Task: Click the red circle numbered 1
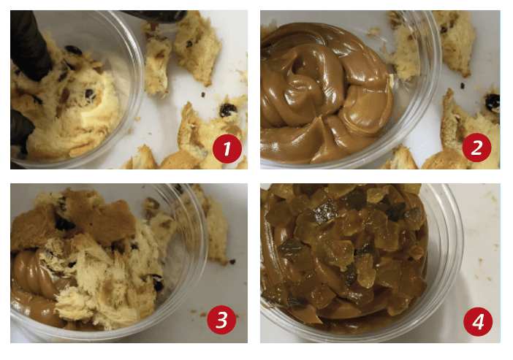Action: click(227, 148)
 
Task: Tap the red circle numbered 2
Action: click(476, 148)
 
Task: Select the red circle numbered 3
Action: click(221, 320)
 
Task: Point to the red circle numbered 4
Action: click(478, 321)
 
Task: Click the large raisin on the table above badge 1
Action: click(228, 110)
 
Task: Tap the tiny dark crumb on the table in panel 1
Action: click(203, 94)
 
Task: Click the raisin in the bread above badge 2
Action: click(492, 102)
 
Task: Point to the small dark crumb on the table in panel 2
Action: click(463, 85)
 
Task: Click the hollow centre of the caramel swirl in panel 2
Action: click(300, 67)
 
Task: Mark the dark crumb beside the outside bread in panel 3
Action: click(232, 261)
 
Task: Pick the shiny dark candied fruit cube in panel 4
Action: click(325, 210)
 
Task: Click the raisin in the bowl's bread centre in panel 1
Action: click(90, 95)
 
